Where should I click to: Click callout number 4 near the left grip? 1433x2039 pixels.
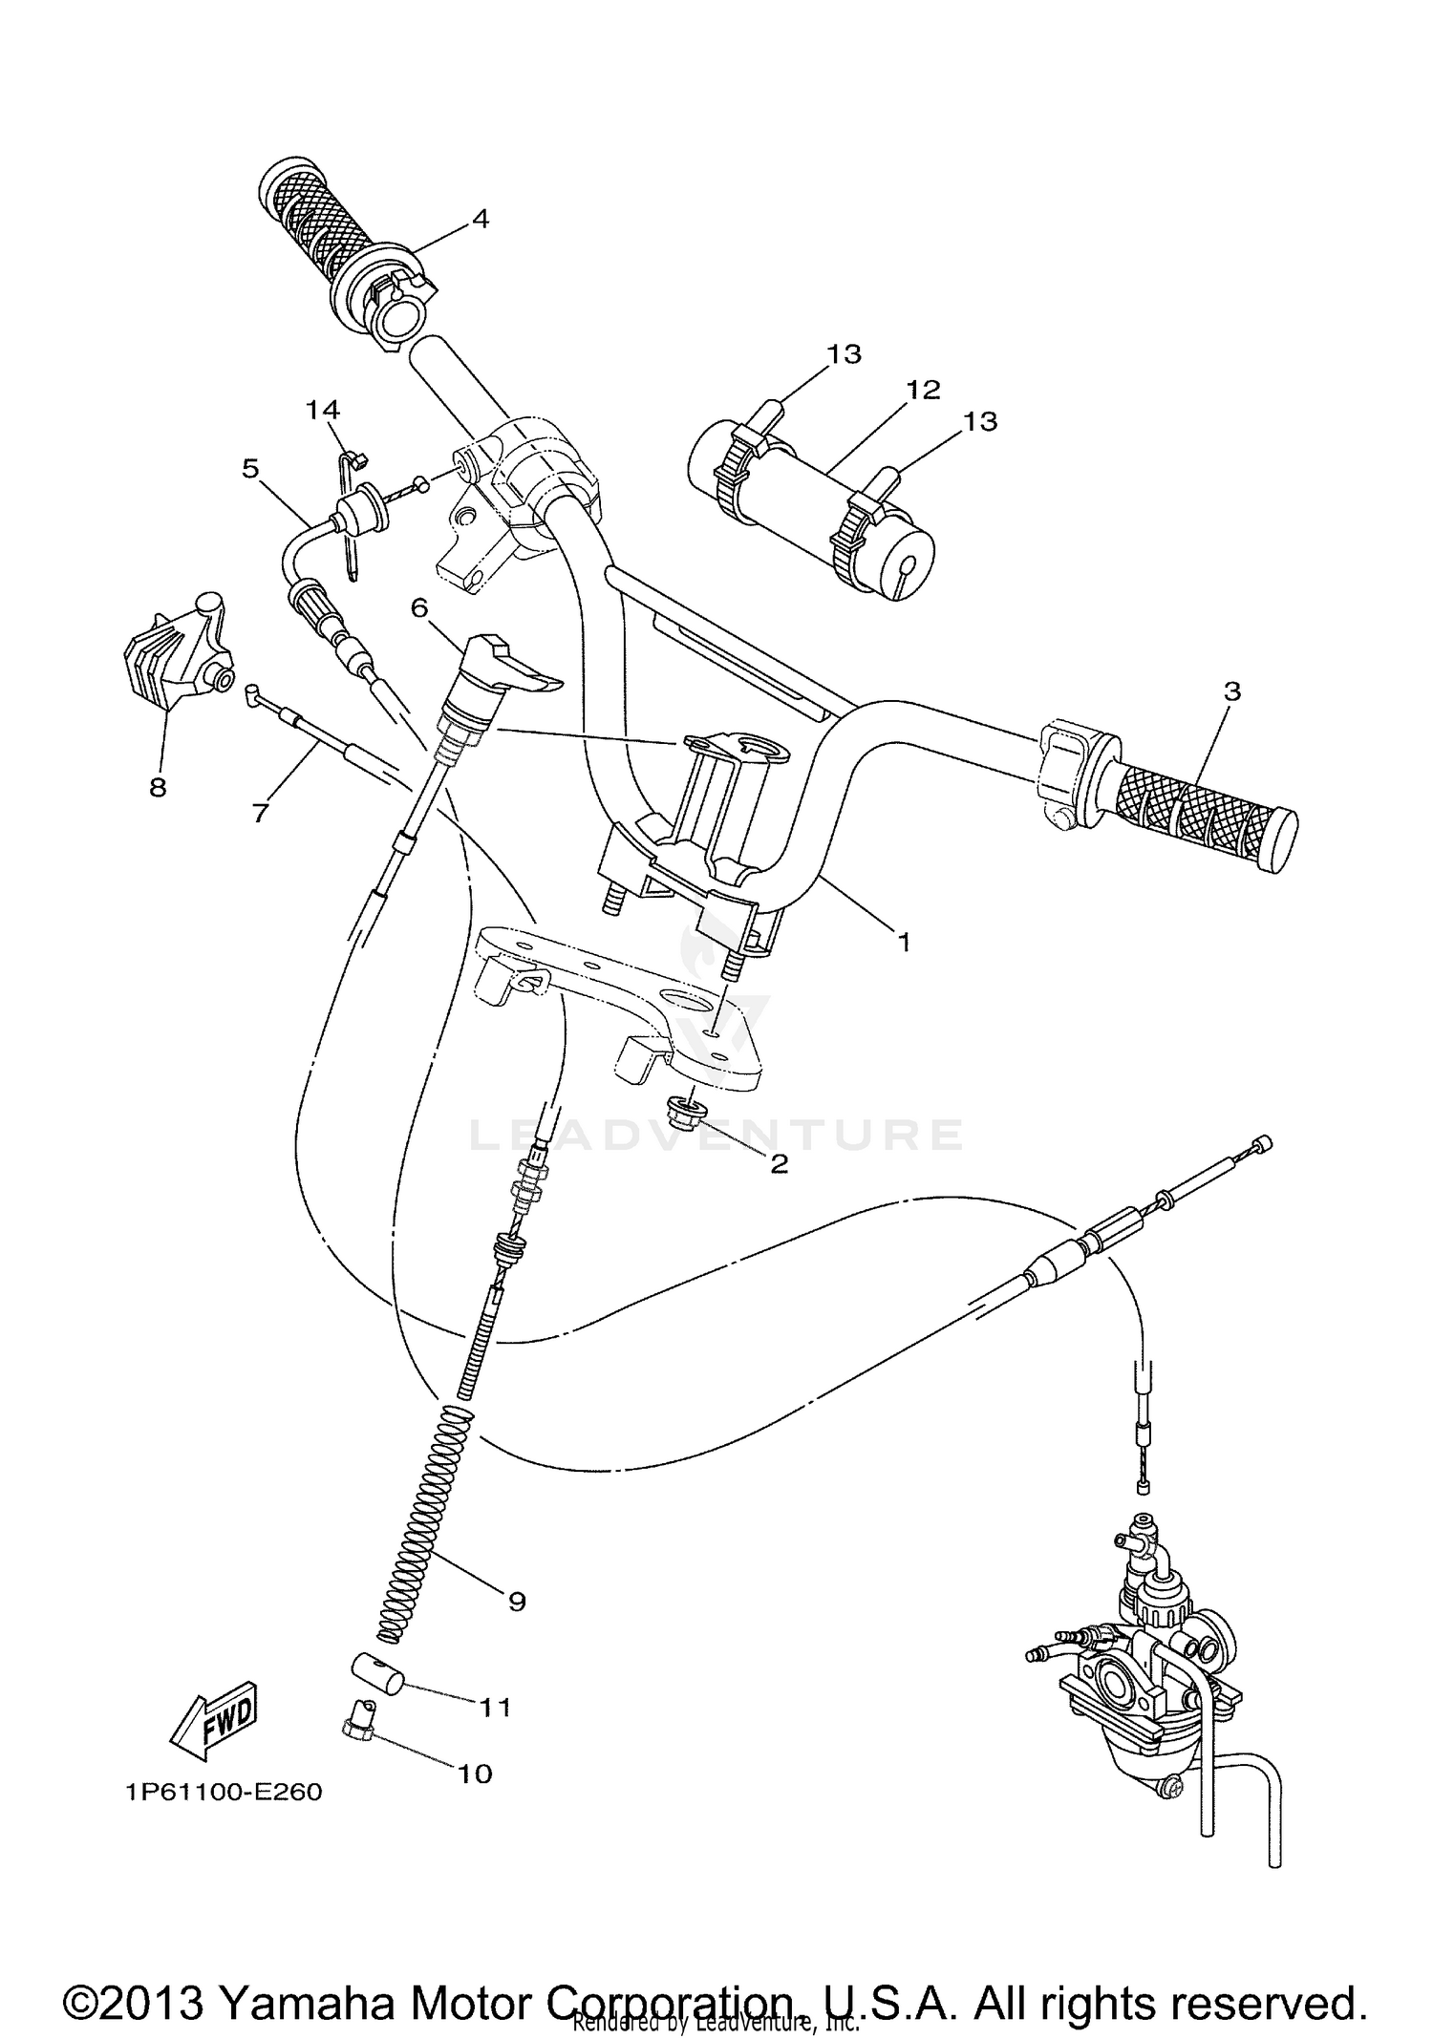481,219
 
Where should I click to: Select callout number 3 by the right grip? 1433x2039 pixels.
1231,690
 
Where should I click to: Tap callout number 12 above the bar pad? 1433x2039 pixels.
924,389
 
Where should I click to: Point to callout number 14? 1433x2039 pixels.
323,410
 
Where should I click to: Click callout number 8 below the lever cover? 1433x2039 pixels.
158,787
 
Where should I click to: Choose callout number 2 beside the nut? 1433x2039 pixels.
779,1163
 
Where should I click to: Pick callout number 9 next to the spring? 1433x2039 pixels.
517,1602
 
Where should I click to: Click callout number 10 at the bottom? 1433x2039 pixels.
475,1774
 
